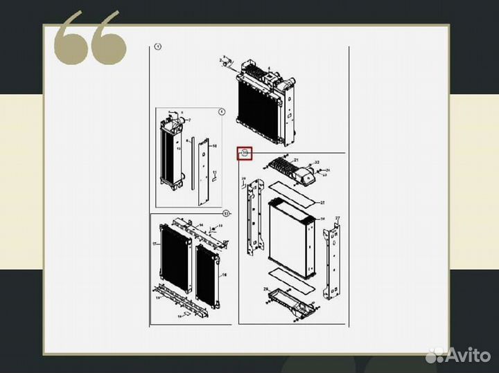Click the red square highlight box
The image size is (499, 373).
(x=244, y=153)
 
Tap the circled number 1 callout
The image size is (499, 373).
(x=157, y=47)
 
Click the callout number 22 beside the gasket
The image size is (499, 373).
(x=322, y=203)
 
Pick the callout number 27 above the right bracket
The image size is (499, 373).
(x=338, y=218)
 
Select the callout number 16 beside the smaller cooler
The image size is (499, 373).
(x=224, y=275)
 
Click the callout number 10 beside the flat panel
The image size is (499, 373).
(x=214, y=147)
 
